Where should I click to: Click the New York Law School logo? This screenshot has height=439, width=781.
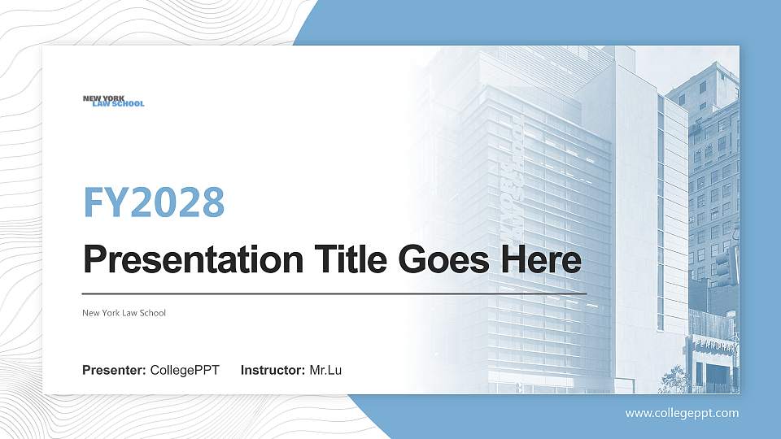pyautogui.click(x=113, y=101)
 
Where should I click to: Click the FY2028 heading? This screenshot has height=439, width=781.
pyautogui.click(x=154, y=202)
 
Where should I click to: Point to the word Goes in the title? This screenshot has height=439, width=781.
pyautogui.click(x=435, y=260)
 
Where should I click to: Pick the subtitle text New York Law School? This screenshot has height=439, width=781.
pyautogui.click(x=124, y=313)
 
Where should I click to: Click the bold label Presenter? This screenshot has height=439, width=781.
pyautogui.click(x=114, y=371)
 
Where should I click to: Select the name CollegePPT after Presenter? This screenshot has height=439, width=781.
pyautogui.click(x=185, y=371)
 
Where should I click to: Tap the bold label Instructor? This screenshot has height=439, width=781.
pyautogui.click(x=273, y=371)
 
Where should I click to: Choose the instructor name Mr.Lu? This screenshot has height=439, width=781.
pyautogui.click(x=325, y=371)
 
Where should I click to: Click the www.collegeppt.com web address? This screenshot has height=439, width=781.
pyautogui.click(x=682, y=413)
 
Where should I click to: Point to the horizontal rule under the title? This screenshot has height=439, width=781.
pyautogui.click(x=334, y=293)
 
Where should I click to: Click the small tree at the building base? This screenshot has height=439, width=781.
pyautogui.click(x=674, y=379)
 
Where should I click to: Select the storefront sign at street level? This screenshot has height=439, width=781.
pyautogui.click(x=713, y=347)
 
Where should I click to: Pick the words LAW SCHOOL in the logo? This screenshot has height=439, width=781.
pyautogui.click(x=118, y=104)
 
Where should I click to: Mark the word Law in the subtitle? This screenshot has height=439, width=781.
pyautogui.click(x=127, y=313)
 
